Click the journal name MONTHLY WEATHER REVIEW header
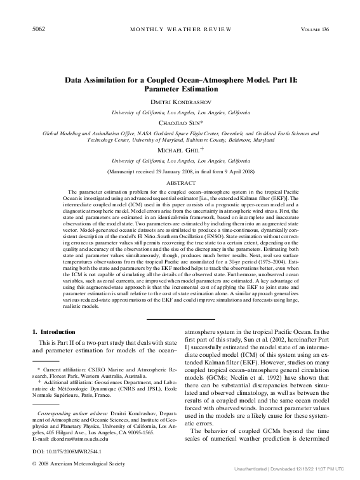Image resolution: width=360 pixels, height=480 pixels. pyautogui.click(x=180, y=30)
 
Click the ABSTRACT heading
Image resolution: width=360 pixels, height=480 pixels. pyautogui.click(x=180, y=182)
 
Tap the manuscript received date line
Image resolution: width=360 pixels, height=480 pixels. pyautogui.click(x=180, y=172)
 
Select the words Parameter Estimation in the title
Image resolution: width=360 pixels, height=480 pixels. pyautogui.click(x=180, y=90)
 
